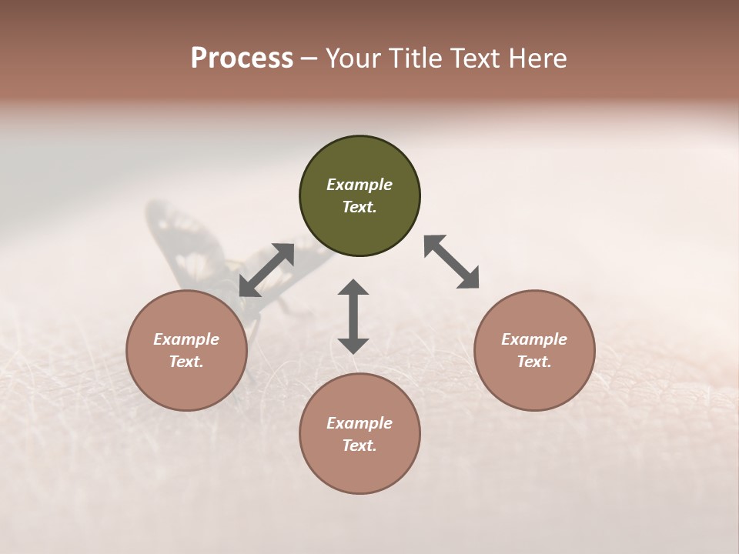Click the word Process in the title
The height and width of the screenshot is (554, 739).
pyautogui.click(x=242, y=58)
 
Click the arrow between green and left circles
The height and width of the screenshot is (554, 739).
pyautogui.click(x=266, y=270)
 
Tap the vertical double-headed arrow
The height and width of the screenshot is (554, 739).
pyautogui.click(x=353, y=316)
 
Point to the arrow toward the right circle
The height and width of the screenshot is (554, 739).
pyautogui.click(x=451, y=262)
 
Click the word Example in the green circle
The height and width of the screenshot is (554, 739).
pyautogui.click(x=359, y=185)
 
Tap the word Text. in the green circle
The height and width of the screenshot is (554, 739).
pyautogui.click(x=359, y=207)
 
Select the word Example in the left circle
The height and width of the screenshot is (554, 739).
pyautogui.click(x=186, y=339)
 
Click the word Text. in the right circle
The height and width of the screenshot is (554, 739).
pyautogui.click(x=534, y=362)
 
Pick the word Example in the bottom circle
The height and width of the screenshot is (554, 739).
pyautogui.click(x=359, y=423)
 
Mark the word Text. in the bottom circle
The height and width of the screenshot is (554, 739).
pyautogui.click(x=359, y=446)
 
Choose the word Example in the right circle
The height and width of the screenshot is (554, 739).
pyautogui.click(x=534, y=339)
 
